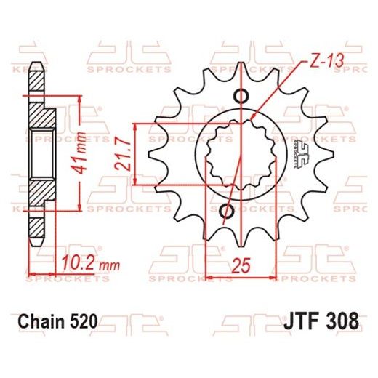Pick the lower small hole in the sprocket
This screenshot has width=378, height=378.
226,211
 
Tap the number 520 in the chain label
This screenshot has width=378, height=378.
82,320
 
